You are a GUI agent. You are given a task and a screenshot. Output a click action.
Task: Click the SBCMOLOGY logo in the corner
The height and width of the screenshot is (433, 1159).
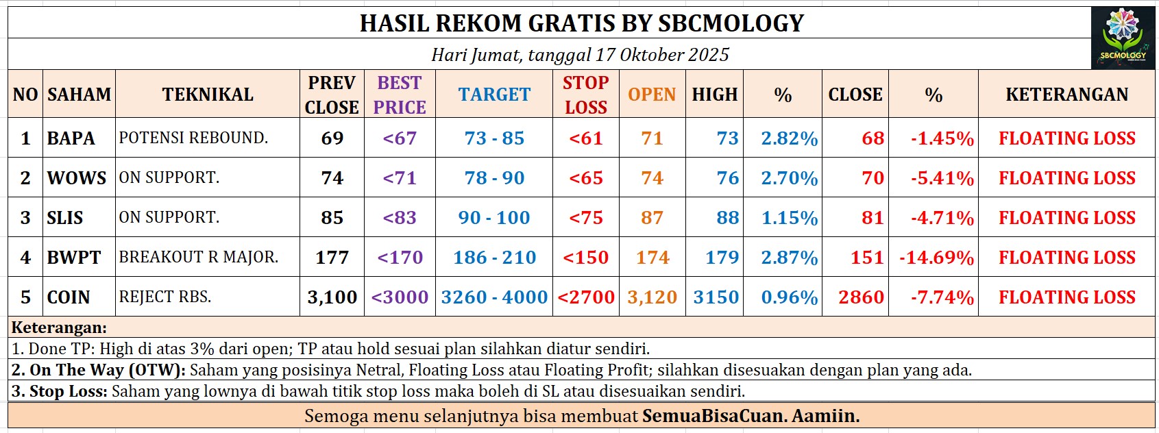(x=1122, y=38)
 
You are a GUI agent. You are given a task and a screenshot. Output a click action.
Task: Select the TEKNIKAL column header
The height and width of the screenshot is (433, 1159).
(x=208, y=95)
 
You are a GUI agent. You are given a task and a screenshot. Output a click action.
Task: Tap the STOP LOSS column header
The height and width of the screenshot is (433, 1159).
(x=585, y=95)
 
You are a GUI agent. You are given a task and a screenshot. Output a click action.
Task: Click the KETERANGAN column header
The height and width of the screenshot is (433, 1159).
(x=1066, y=95)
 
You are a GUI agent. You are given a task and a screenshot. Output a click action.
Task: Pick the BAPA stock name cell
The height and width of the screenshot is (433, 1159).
(x=71, y=138)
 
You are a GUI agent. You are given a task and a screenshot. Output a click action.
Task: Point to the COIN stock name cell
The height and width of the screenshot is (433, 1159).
(x=69, y=297)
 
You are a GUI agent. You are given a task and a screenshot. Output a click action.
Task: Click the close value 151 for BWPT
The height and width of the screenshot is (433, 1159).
(x=867, y=258)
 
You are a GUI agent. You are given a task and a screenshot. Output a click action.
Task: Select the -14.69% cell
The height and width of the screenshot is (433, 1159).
(x=936, y=258)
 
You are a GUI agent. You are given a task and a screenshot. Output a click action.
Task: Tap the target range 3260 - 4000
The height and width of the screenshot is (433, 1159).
(x=494, y=297)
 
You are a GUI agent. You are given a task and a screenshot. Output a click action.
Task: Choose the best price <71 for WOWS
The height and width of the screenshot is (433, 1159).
(x=400, y=178)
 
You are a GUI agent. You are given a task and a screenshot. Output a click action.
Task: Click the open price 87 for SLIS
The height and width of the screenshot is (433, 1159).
(x=652, y=218)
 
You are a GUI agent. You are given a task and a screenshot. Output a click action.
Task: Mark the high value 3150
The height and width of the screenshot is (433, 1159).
(x=716, y=297)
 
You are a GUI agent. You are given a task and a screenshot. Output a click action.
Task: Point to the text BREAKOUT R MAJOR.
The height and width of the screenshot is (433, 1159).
(x=199, y=257)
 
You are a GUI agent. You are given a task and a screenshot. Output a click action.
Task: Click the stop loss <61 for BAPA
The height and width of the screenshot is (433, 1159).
(x=585, y=138)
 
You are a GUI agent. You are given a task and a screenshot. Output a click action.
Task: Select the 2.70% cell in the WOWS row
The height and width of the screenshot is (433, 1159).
(x=789, y=178)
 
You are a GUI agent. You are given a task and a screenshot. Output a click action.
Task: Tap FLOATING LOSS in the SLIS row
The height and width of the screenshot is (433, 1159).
(x=1066, y=218)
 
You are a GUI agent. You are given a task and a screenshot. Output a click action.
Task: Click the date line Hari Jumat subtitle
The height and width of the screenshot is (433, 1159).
(x=580, y=55)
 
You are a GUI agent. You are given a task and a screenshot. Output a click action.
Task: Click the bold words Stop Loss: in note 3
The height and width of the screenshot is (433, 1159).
(x=60, y=391)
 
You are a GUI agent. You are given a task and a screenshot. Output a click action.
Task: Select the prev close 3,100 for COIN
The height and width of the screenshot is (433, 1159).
(x=332, y=297)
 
